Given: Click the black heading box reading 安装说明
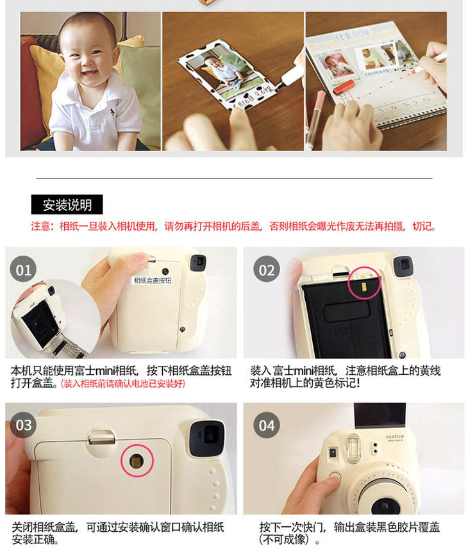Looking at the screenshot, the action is click(67, 204).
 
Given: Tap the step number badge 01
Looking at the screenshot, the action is click(24, 270).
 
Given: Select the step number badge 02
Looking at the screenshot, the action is click(267, 270).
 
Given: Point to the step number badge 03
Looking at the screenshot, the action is click(24, 425).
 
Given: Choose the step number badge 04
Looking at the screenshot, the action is click(267, 425).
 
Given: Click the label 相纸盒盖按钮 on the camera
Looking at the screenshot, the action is click(152, 281).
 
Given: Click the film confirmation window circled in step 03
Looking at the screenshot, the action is click(137, 461).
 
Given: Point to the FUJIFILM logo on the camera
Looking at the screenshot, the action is click(394, 437).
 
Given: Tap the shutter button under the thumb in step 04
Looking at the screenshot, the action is click(334, 476).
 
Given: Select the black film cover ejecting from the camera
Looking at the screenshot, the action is click(380, 415).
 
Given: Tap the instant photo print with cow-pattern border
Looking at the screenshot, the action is click(226, 76).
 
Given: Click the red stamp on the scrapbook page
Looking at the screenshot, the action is click(343, 87).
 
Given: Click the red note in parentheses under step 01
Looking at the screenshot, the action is click(123, 383).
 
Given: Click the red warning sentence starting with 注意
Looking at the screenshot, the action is click(233, 226).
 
